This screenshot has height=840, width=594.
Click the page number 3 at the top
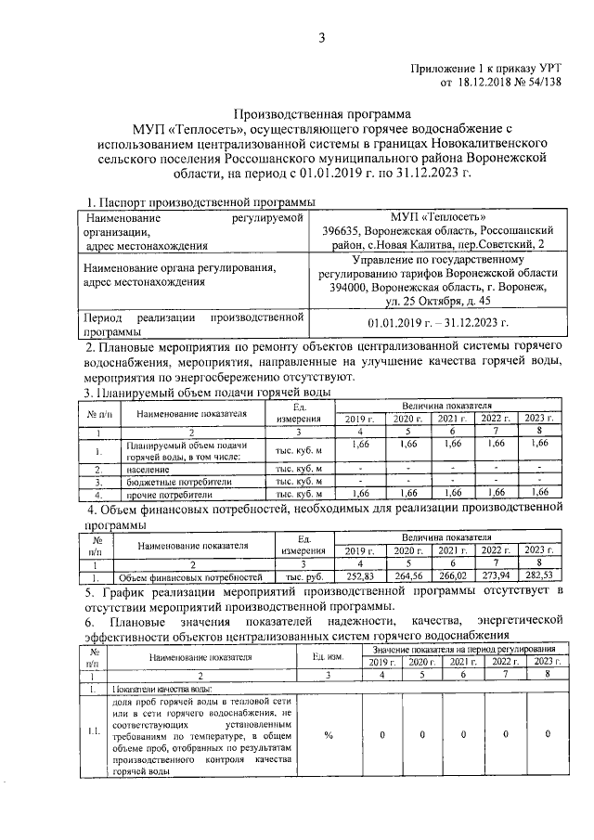click(321, 38)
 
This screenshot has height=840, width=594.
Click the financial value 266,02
click(454, 576)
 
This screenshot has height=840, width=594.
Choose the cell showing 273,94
click(495, 576)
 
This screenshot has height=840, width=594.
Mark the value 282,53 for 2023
click(538, 576)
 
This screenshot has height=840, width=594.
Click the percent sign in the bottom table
click(329, 733)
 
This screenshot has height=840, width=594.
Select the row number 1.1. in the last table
click(93, 733)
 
